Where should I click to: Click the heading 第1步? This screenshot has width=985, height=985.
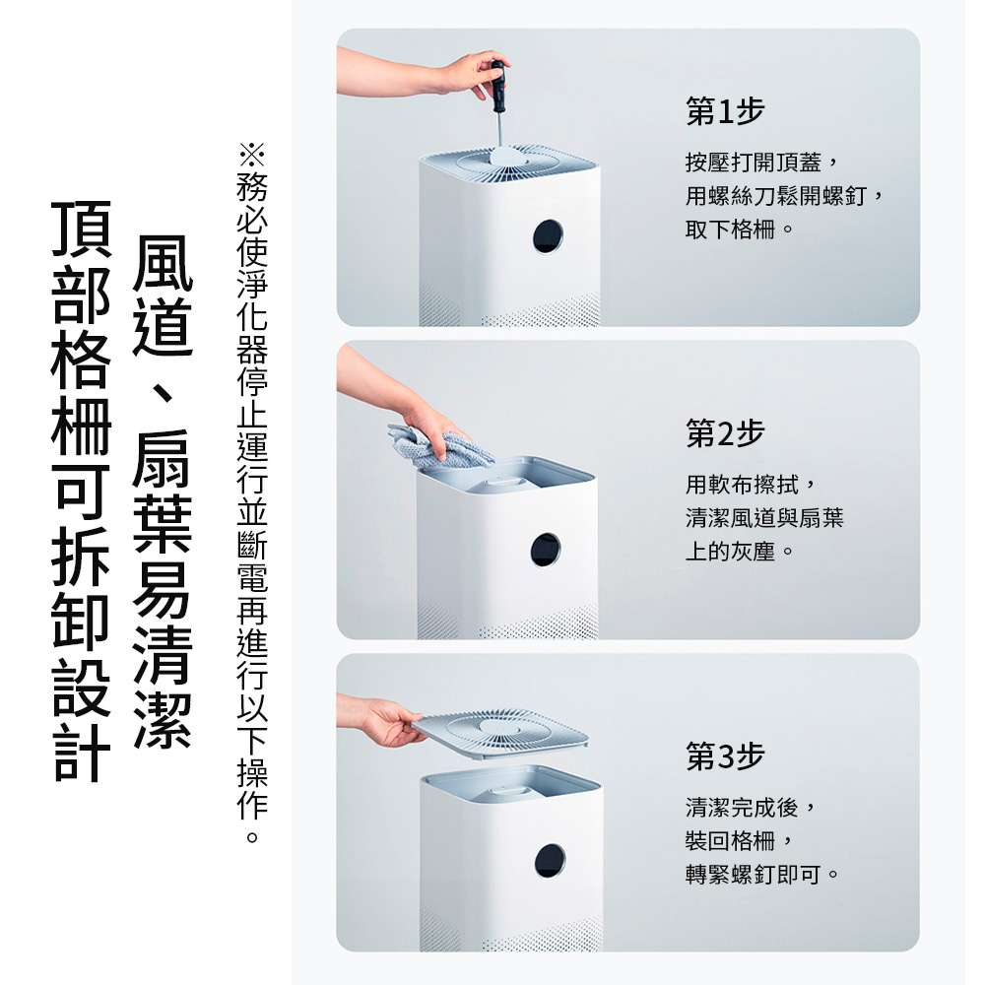[x=725, y=112]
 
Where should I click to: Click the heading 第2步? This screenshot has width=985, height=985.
[x=725, y=433]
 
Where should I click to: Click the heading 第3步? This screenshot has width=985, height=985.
[x=725, y=755]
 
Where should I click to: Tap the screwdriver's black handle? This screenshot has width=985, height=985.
[x=498, y=87]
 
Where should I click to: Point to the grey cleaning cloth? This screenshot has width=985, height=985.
[x=439, y=447]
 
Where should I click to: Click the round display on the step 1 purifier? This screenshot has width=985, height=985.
[x=548, y=236]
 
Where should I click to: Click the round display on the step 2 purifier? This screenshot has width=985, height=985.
[x=546, y=550]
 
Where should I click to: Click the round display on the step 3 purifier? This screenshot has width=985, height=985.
[x=550, y=861]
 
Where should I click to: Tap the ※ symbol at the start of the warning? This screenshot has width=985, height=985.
[x=252, y=156]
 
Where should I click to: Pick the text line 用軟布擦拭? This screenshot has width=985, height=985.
[x=751, y=485]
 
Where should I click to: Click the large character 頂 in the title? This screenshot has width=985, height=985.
[x=81, y=230]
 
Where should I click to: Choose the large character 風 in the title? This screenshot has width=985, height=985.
[x=163, y=263]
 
